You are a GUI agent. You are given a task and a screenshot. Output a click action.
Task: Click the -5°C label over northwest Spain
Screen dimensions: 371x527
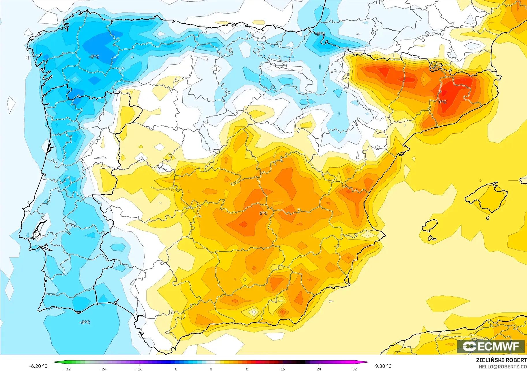[94, 57]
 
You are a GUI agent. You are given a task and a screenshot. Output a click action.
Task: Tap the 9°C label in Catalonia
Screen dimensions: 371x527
[442, 102]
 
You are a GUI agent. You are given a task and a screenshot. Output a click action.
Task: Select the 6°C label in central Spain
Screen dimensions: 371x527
[263, 213]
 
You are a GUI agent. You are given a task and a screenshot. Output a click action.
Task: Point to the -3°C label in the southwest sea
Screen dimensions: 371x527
[85, 322]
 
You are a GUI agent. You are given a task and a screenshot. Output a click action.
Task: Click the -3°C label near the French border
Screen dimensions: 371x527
[321, 34]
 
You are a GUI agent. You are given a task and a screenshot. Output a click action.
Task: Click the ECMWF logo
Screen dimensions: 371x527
[491, 346]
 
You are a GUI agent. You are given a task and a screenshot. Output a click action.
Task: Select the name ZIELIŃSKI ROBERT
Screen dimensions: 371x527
[501, 360]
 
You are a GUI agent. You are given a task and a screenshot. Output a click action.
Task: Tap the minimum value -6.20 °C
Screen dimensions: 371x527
[38, 366]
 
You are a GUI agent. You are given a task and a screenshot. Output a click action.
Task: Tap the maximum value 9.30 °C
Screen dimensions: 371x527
[383, 366]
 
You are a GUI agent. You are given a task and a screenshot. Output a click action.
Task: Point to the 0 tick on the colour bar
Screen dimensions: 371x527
[211, 369]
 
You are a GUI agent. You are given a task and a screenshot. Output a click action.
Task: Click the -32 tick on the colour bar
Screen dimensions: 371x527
[67, 369]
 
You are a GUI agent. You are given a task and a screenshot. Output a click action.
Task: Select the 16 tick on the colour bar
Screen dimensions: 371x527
[283, 369]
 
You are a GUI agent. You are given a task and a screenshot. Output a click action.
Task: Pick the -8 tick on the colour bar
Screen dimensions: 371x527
[175, 369]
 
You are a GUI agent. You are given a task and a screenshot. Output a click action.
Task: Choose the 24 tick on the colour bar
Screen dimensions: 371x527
[319, 369]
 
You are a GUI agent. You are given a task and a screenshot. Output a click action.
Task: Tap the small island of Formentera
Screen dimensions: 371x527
[432, 238]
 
